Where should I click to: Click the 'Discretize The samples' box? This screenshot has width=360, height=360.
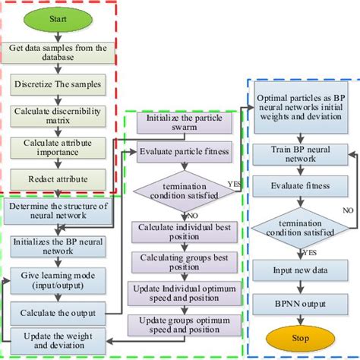59,85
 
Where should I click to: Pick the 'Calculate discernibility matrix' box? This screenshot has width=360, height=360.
59,116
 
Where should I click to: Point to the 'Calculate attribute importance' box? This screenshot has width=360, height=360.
59,147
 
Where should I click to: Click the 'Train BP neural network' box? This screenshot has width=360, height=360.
292,153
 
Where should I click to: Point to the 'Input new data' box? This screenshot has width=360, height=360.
292,269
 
